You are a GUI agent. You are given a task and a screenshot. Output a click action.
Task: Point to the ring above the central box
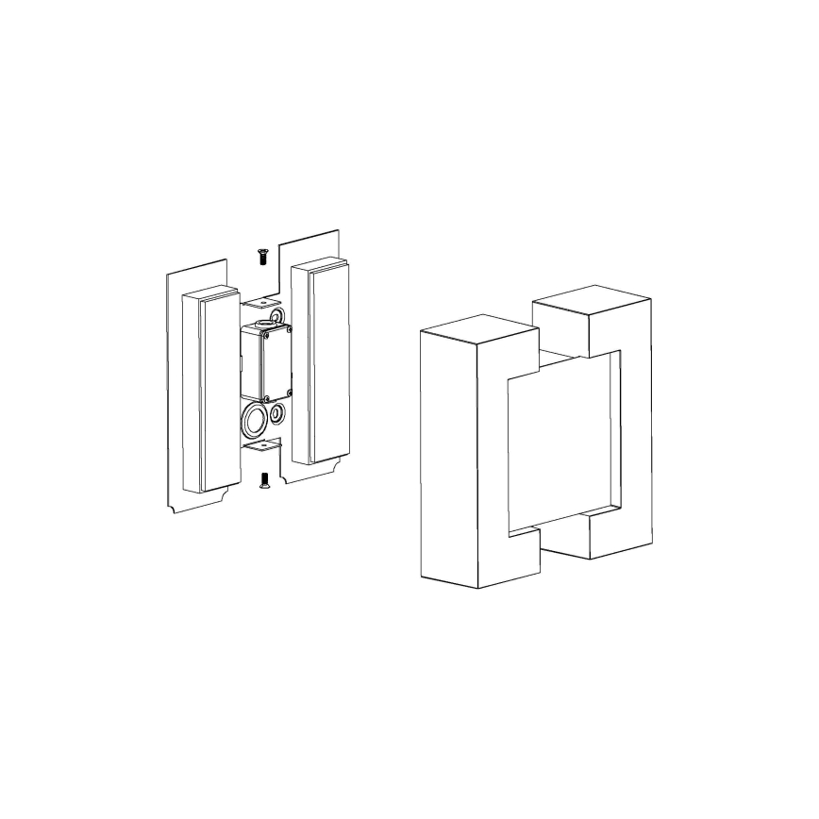[x=276, y=315]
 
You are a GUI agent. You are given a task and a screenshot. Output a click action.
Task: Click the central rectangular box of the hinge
[x=266, y=360]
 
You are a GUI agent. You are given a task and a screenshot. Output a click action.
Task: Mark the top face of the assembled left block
[x=478, y=326]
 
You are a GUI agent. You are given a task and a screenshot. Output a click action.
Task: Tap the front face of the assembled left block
[x=450, y=453]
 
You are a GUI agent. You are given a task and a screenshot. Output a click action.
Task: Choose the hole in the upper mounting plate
[x=262, y=301]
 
